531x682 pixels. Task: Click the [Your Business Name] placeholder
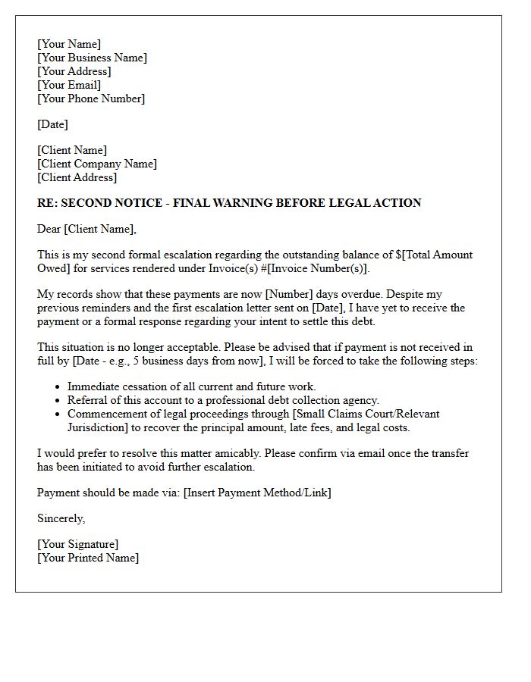(92, 58)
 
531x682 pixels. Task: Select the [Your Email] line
(69, 85)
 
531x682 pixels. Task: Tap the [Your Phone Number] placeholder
(90, 99)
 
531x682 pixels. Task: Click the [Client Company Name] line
(97, 164)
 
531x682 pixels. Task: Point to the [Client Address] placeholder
(77, 177)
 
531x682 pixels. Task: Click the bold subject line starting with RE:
(229, 203)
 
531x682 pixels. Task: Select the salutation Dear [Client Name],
(86, 229)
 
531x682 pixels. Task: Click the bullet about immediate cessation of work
(191, 386)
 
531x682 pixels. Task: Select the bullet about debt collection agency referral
(223, 400)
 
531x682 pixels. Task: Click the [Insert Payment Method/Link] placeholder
(257, 493)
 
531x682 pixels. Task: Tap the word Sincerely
(61, 518)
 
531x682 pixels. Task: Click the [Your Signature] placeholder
(77, 544)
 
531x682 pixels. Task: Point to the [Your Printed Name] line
(88, 558)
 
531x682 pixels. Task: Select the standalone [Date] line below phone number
(52, 124)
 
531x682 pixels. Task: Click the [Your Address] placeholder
(74, 71)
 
